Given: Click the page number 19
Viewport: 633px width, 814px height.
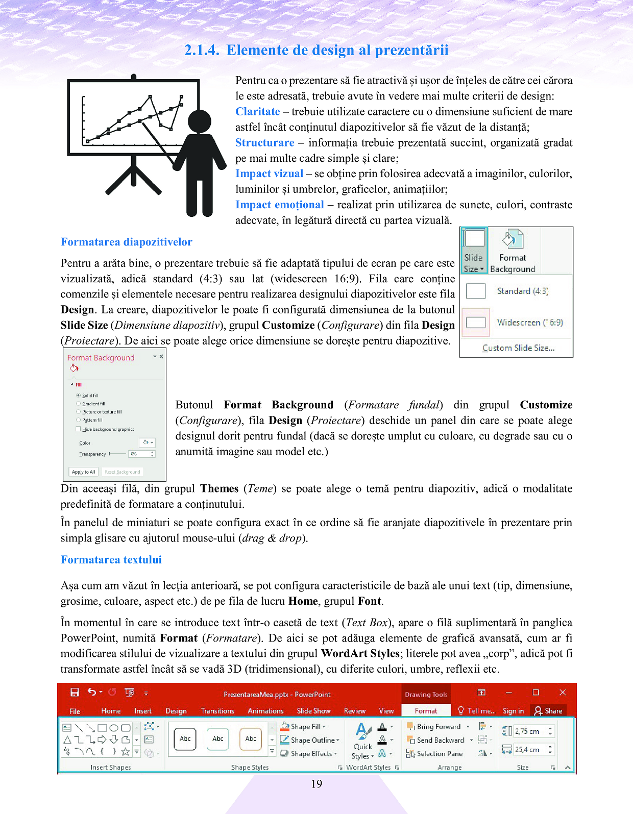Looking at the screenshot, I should click(316, 784).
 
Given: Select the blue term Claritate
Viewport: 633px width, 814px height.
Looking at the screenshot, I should click(258, 112).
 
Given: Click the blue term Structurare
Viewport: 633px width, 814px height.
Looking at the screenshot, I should click(264, 143).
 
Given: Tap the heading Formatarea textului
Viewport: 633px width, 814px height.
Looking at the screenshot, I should click(111, 560).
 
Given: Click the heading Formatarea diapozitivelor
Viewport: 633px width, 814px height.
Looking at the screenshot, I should click(127, 242).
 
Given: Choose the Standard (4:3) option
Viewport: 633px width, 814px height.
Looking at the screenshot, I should click(522, 291).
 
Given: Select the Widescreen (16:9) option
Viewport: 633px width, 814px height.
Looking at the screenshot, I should click(529, 323).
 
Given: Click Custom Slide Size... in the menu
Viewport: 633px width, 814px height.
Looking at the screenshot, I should click(518, 348).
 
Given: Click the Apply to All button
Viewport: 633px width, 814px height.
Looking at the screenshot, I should click(83, 472).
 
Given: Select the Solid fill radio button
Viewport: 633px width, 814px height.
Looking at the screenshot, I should click(79, 396).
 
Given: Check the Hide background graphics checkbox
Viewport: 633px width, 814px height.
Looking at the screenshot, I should click(79, 429).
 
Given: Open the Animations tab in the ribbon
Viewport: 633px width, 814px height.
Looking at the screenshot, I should click(265, 711).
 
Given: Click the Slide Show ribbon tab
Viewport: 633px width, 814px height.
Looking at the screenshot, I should click(313, 711).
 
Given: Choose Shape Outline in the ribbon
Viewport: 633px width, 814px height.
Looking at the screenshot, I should click(312, 740).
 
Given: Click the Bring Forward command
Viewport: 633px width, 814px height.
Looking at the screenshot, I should click(438, 727).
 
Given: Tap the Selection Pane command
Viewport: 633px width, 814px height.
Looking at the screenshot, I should click(439, 754).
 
